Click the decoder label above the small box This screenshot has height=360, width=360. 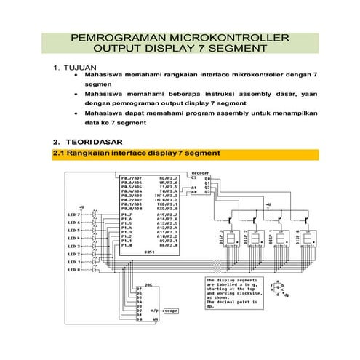[x=200, y=173]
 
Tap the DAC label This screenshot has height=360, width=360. [x=148, y=284]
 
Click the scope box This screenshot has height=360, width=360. [x=170, y=310]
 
